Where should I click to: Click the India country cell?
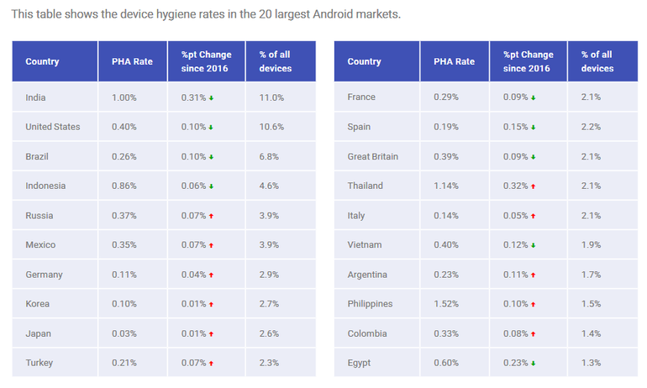(36, 97)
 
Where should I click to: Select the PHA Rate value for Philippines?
(447, 303)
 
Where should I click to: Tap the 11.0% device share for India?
(271, 97)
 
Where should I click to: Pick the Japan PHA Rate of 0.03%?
(124, 333)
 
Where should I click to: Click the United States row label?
(53, 127)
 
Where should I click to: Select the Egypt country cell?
(360, 363)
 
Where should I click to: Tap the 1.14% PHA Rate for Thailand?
(447, 186)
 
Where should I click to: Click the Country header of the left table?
(43, 61)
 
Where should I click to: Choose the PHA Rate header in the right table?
(454, 61)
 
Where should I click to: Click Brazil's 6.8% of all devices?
(269, 156)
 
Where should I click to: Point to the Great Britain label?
(373, 156)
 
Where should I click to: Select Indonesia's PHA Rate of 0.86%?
(124, 186)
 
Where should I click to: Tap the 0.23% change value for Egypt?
(515, 363)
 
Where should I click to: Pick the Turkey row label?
(39, 363)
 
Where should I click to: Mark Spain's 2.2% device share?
(591, 127)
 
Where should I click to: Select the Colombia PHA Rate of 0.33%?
(447, 333)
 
